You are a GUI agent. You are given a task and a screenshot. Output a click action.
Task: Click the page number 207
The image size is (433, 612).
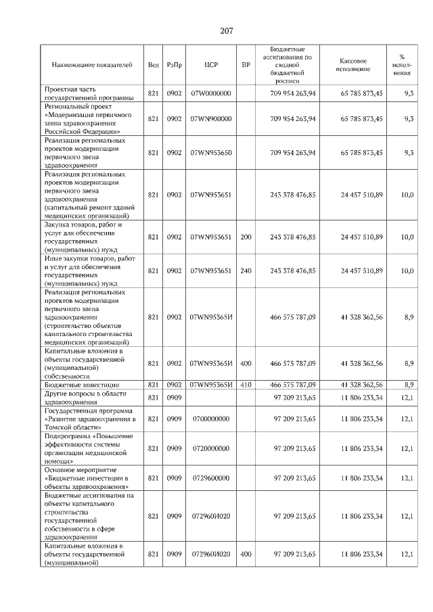click(x=227, y=30)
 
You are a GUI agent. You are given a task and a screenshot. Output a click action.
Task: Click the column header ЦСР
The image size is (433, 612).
click(x=210, y=65)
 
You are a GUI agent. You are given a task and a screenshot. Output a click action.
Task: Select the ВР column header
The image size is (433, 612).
click(x=246, y=65)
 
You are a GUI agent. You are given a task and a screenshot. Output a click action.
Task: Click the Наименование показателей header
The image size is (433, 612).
click(x=93, y=65)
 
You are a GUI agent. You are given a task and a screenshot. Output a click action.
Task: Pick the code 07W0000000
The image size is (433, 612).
click(x=210, y=93)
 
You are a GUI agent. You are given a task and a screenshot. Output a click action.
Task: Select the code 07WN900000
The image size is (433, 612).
click(x=210, y=118)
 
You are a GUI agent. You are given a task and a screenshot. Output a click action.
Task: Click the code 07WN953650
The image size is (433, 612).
click(x=210, y=153)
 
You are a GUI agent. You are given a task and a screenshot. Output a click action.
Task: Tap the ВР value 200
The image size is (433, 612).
click(x=246, y=237)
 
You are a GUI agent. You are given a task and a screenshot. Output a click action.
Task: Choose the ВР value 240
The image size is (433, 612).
click(x=246, y=270)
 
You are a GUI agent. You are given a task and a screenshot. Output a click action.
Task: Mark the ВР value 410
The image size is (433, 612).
click(x=246, y=385)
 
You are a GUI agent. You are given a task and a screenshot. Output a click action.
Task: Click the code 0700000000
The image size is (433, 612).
click(x=210, y=419)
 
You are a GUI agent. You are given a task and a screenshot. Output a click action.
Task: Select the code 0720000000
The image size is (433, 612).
click(x=210, y=448)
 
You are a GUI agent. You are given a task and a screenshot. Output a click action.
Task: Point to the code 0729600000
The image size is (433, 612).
click(x=210, y=478)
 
